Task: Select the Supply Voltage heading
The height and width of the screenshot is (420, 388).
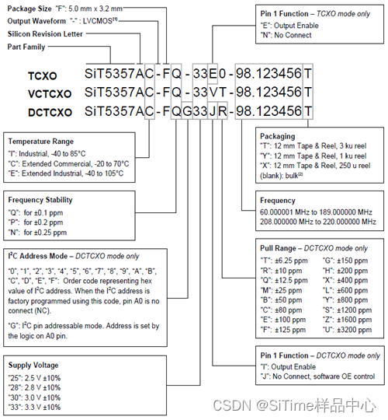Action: point(33,365)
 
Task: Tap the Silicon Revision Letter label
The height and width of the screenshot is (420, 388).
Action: point(45,35)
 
